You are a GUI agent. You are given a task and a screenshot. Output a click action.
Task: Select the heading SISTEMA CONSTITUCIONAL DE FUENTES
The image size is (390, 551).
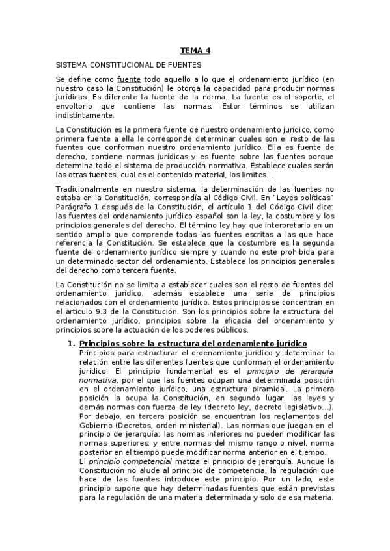click(x=129, y=65)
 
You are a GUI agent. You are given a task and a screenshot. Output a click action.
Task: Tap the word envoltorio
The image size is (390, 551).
click(x=76, y=106)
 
